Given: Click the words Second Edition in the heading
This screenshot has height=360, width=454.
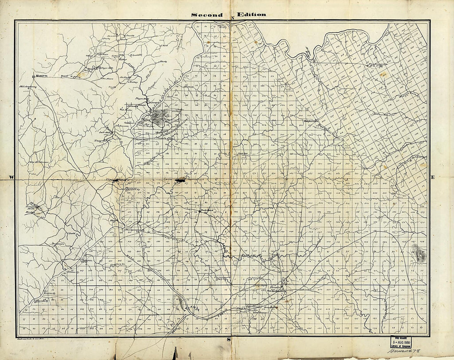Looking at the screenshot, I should click(x=228, y=14).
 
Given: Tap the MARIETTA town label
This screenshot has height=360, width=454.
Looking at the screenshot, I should click(x=42, y=76).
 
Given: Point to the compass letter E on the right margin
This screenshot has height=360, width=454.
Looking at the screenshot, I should click(x=433, y=177).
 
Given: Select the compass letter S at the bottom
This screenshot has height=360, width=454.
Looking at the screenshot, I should click(x=228, y=340).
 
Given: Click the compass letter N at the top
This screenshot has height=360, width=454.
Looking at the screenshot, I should click(x=232, y=18).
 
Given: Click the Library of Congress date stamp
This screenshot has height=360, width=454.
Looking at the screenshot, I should click(x=400, y=342).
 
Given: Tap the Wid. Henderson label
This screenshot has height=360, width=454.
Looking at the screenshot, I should click(x=39, y=162).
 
